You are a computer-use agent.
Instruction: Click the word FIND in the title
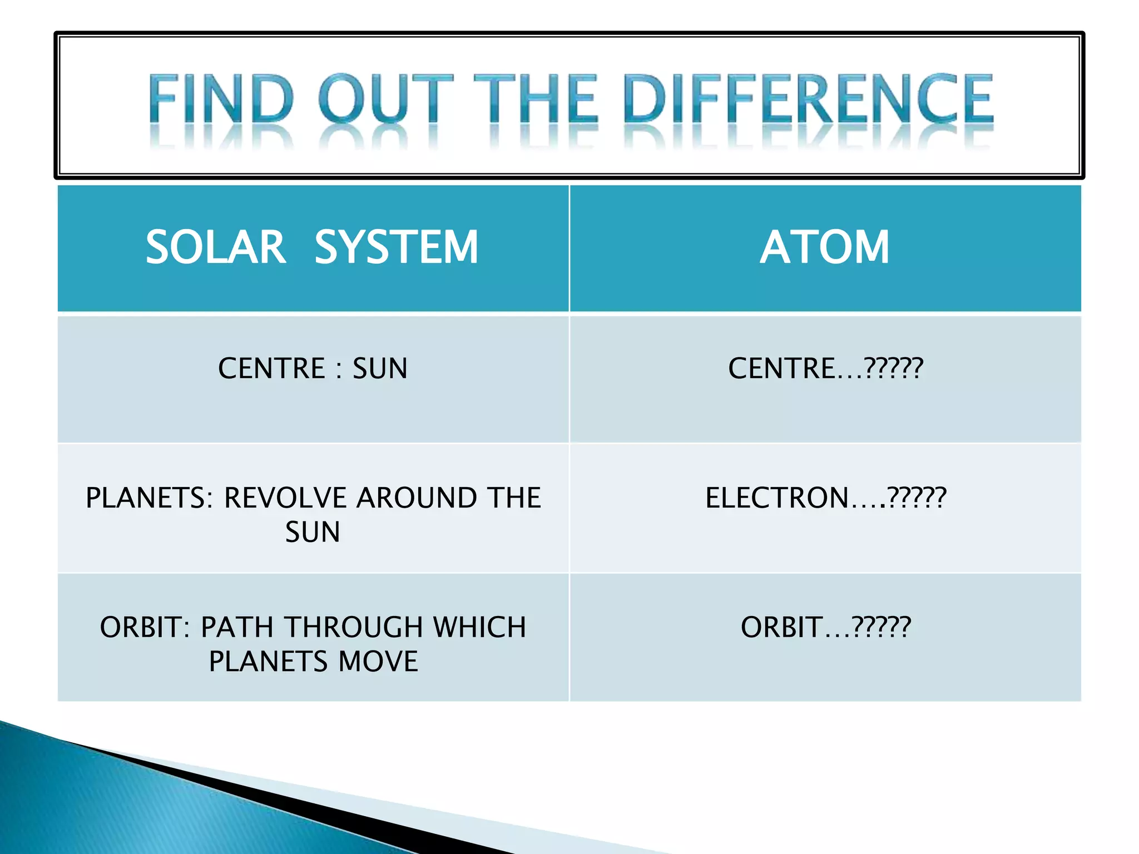221,99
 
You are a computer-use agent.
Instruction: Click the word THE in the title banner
536,99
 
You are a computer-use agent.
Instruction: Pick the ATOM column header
825,247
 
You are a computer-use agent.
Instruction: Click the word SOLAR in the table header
216,247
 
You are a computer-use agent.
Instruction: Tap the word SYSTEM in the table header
396,247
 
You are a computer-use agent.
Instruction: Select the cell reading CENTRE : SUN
313,369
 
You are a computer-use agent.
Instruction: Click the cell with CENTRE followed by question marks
825,369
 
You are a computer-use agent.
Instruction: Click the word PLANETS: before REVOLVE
149,498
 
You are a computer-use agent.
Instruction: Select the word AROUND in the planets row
416,498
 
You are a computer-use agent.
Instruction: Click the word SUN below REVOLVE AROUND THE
313,532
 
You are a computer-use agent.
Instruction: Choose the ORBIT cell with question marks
825,627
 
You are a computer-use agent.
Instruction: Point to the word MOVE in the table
378,662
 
